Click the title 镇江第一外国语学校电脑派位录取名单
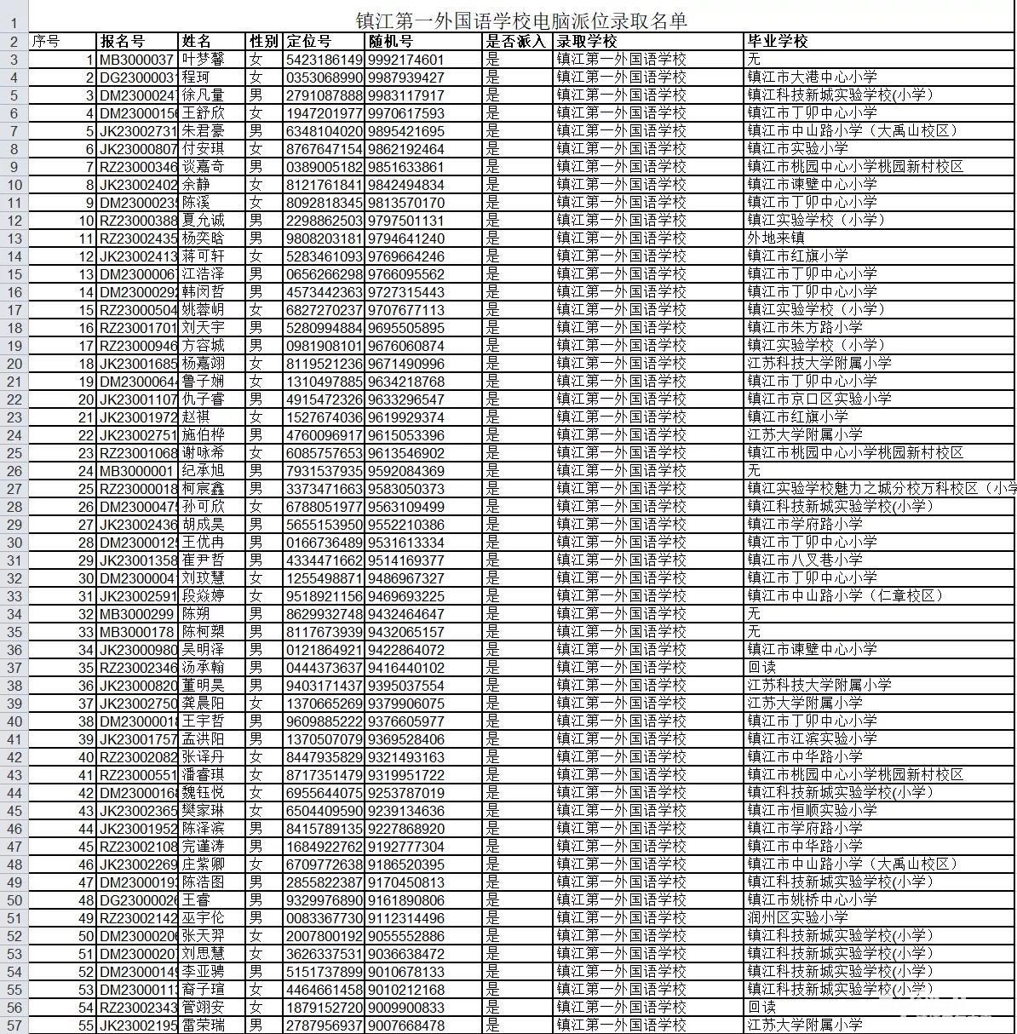click(x=520, y=20)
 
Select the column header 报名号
click(x=123, y=41)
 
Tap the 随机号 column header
click(x=391, y=41)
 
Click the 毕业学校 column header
click(x=777, y=41)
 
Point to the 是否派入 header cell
click(x=515, y=41)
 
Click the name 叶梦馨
click(x=203, y=60)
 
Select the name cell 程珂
click(x=196, y=78)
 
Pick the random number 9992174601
click(x=406, y=60)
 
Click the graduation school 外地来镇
click(x=776, y=238)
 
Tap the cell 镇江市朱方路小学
click(x=805, y=328)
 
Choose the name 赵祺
click(x=195, y=417)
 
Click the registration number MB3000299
click(x=137, y=614)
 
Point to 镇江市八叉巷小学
click(x=805, y=560)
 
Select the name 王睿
click(x=195, y=900)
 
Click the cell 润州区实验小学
click(x=798, y=918)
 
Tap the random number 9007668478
click(x=406, y=1025)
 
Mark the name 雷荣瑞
click(x=203, y=1025)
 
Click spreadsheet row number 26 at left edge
click(x=14, y=471)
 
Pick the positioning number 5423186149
click(x=325, y=60)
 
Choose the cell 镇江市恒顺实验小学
click(x=813, y=811)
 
